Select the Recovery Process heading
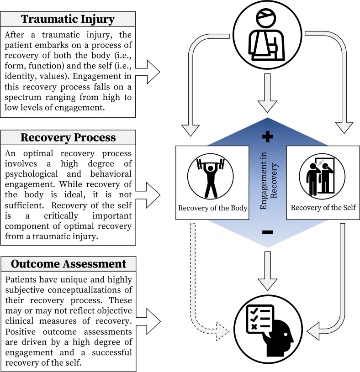click(x=68, y=138)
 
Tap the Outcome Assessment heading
click(x=68, y=264)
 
